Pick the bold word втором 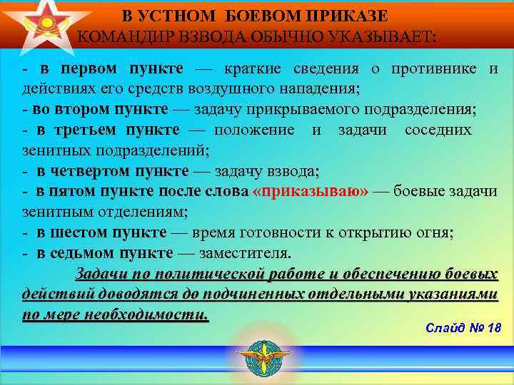79,110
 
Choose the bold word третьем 90,130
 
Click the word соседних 437,130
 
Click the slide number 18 493,328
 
